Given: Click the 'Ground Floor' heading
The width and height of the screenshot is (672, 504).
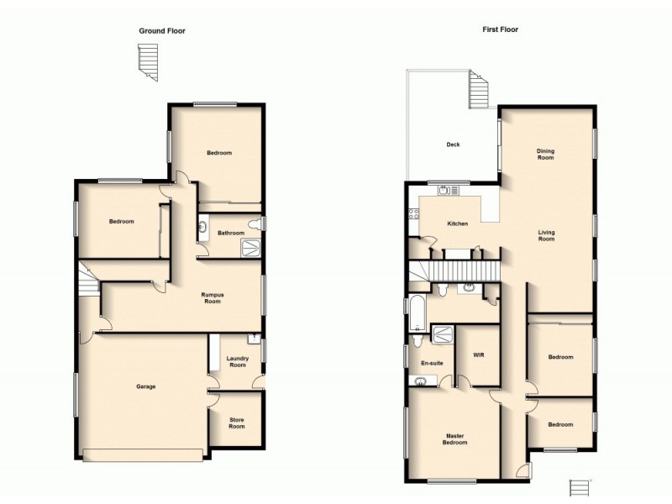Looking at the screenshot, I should (x=162, y=31).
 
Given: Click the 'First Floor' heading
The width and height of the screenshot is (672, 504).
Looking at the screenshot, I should (x=500, y=29).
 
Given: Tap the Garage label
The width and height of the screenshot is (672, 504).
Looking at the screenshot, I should (x=146, y=386).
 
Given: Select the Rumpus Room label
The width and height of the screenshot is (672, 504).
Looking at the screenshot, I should (x=211, y=297).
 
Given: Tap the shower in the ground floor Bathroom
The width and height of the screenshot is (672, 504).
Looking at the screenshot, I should (x=251, y=247).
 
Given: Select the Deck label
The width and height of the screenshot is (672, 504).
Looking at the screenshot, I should (x=453, y=144).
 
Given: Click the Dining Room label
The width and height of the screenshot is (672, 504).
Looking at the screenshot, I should (x=546, y=155).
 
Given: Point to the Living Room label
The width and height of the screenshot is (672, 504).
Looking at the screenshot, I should (x=546, y=235).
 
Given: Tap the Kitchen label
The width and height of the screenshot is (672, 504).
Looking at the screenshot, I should (x=457, y=223).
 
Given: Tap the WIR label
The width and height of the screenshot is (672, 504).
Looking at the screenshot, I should (x=479, y=354).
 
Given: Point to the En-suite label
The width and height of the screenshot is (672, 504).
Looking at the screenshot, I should (x=431, y=363).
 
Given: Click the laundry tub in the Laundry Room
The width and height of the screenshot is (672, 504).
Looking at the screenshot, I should (x=252, y=340).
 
